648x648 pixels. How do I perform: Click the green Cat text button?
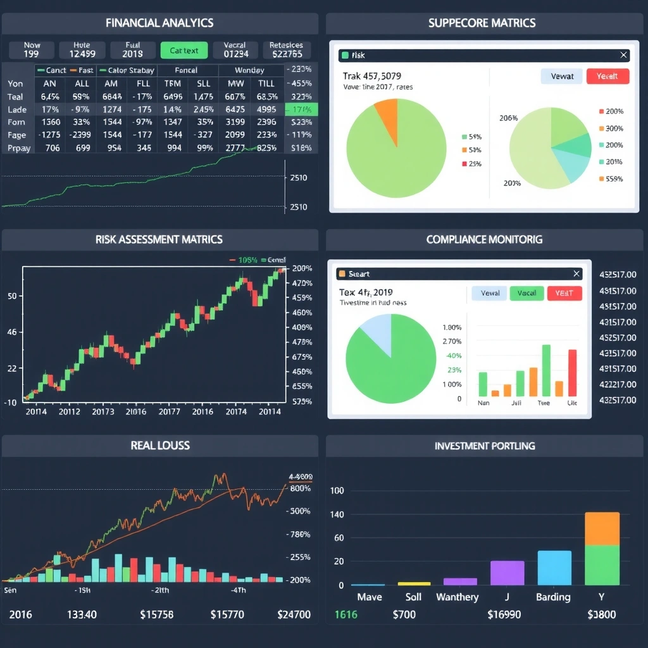pyautogui.click(x=184, y=50)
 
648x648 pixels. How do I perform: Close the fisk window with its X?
pyautogui.click(x=624, y=56)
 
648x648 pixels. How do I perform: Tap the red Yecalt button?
pyautogui.click(x=607, y=76)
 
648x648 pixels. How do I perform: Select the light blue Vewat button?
pyautogui.click(x=562, y=76)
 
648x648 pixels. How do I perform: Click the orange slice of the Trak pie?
pyautogui.click(x=387, y=113)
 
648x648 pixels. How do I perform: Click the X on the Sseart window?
pyautogui.click(x=576, y=273)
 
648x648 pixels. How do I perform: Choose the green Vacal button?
pyautogui.click(x=526, y=293)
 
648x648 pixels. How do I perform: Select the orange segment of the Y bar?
pyautogui.click(x=602, y=528)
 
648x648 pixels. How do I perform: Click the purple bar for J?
pyautogui.click(x=507, y=573)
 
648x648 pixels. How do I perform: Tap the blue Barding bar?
pyautogui.click(x=554, y=568)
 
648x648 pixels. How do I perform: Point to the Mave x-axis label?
pyautogui.click(x=369, y=597)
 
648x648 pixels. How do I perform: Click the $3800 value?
pyautogui.click(x=601, y=614)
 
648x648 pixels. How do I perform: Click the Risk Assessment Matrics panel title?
pyautogui.click(x=159, y=240)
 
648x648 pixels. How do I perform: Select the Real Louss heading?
pyautogui.click(x=159, y=445)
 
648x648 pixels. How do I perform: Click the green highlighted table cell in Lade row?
pyautogui.click(x=302, y=109)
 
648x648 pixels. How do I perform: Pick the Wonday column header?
pyautogui.click(x=249, y=70)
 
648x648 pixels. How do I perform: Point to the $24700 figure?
pyautogui.click(x=294, y=614)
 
